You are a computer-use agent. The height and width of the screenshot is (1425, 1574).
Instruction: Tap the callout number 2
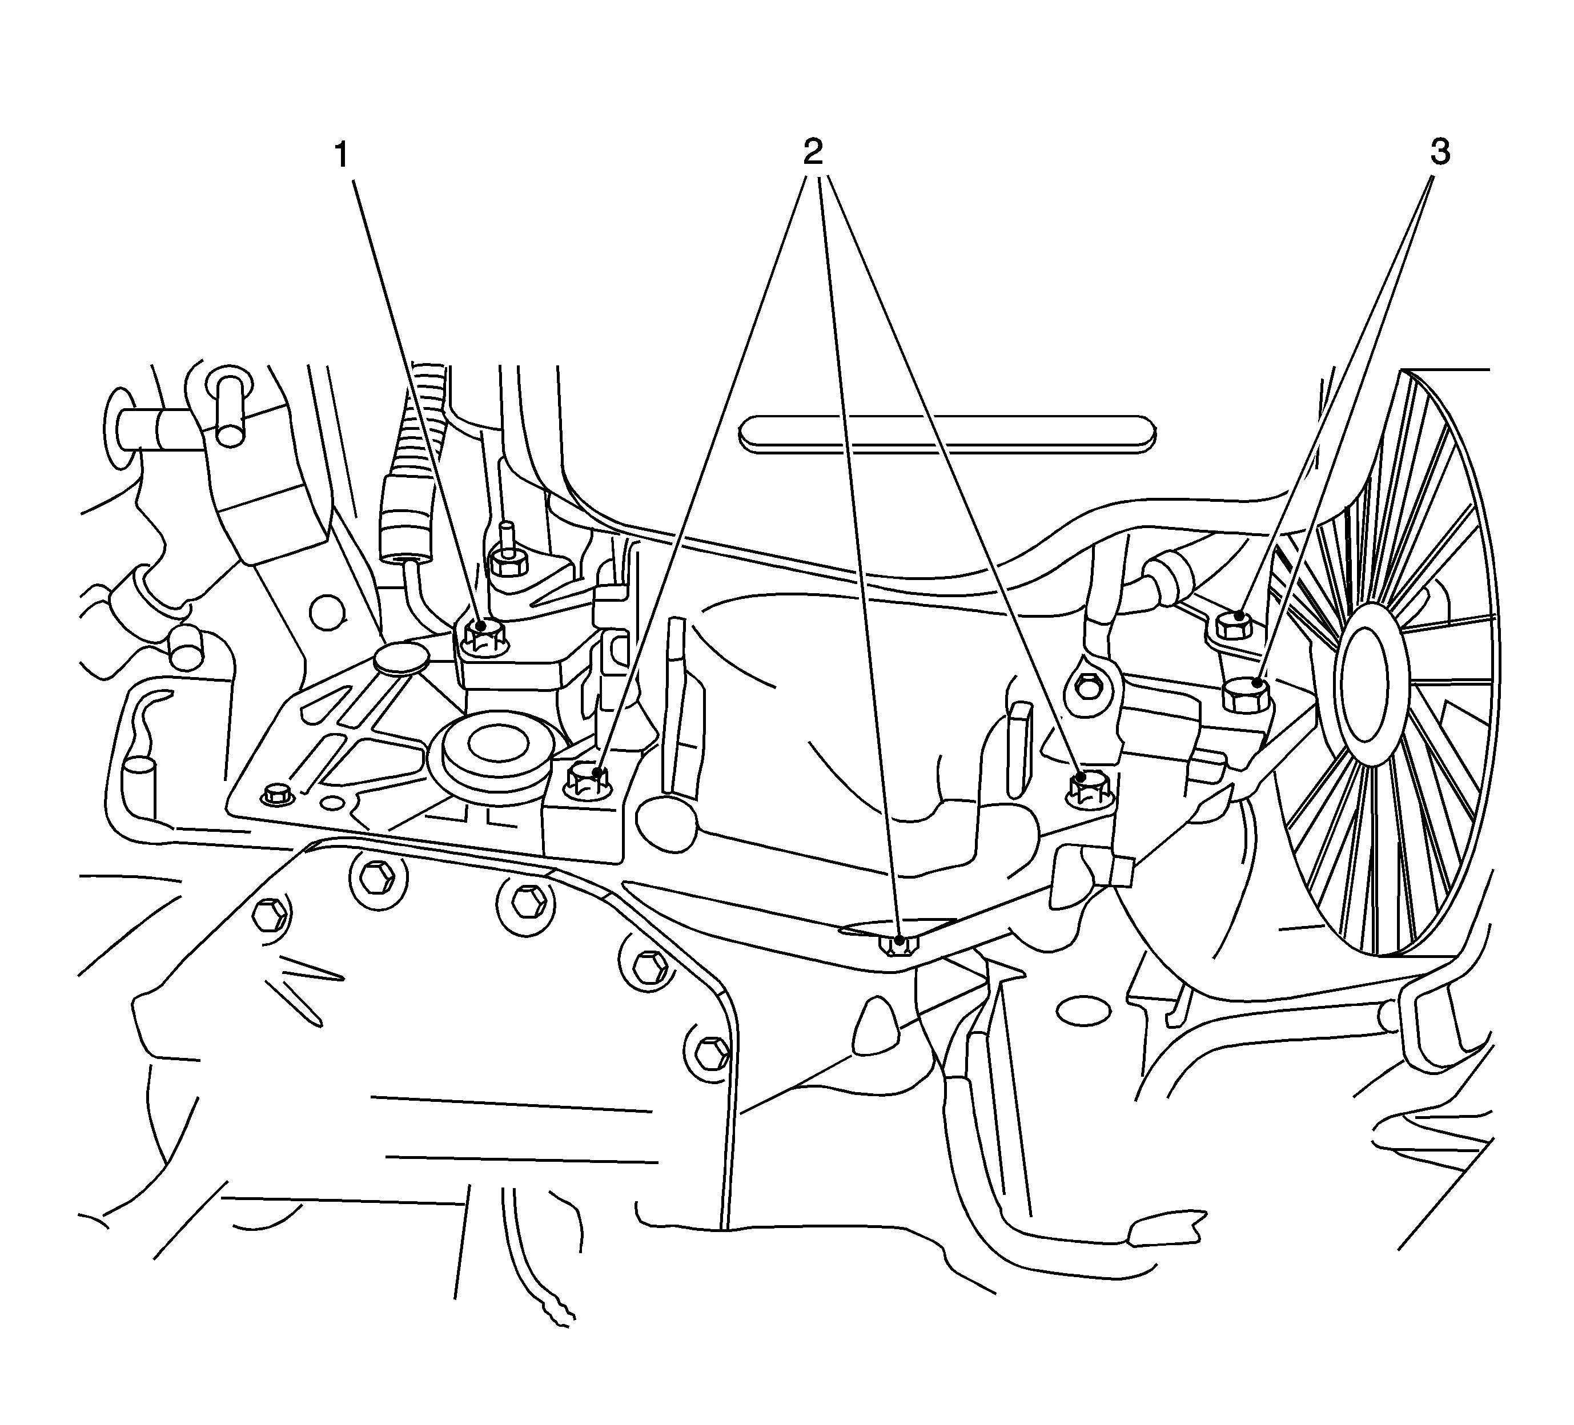click(x=812, y=152)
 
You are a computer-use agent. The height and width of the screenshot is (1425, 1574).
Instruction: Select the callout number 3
click(x=1440, y=152)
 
